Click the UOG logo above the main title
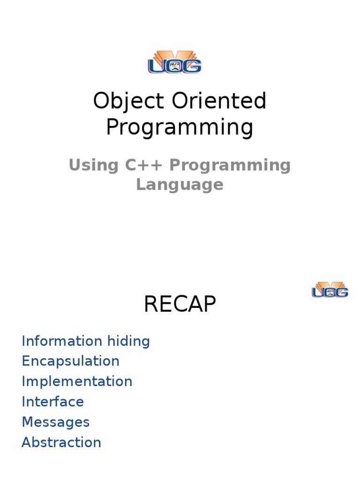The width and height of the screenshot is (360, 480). point(175,61)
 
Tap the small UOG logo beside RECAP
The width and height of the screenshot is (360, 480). point(330,290)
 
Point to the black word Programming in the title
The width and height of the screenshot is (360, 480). point(180,127)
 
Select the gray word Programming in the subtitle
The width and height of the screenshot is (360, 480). point(230,165)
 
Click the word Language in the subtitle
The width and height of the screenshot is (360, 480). point(180,185)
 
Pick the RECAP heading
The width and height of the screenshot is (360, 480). point(180,305)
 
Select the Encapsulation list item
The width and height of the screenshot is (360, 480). point(70,361)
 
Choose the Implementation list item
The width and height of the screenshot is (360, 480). point(77,381)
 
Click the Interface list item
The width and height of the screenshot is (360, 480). point(52,402)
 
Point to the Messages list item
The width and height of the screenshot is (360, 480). point(55,422)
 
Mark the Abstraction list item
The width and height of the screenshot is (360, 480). point(61,442)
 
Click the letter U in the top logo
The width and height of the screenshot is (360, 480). point(157,66)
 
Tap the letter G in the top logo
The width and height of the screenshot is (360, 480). point(193,66)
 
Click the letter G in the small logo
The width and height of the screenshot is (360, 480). point(342,292)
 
